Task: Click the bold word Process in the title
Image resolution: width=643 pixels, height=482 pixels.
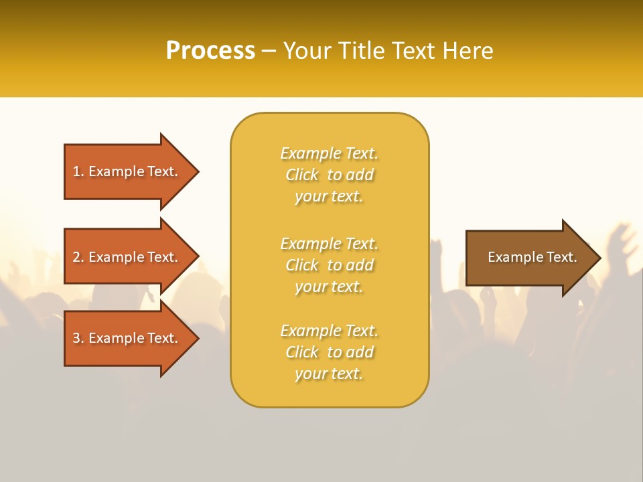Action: pyautogui.click(x=210, y=51)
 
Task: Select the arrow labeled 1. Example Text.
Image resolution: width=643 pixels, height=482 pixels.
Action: pyautogui.click(x=127, y=171)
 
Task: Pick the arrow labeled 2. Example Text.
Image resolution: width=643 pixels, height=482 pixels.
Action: pyautogui.click(x=127, y=257)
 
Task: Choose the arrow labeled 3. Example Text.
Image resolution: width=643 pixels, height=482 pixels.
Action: pyautogui.click(x=127, y=338)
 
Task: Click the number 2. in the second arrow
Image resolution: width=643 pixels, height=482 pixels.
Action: pyautogui.click(x=78, y=257)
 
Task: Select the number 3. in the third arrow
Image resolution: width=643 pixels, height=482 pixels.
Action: pyautogui.click(x=78, y=338)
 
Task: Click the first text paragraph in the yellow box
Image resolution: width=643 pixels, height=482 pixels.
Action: pyautogui.click(x=329, y=175)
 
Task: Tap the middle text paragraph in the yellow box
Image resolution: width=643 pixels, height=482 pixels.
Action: pyautogui.click(x=329, y=265)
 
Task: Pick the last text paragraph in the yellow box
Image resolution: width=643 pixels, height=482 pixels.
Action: pyautogui.click(x=329, y=352)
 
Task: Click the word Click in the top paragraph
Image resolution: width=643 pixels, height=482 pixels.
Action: pyautogui.click(x=302, y=175)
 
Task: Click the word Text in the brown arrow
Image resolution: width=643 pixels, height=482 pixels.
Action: pyautogui.click(x=562, y=257)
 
